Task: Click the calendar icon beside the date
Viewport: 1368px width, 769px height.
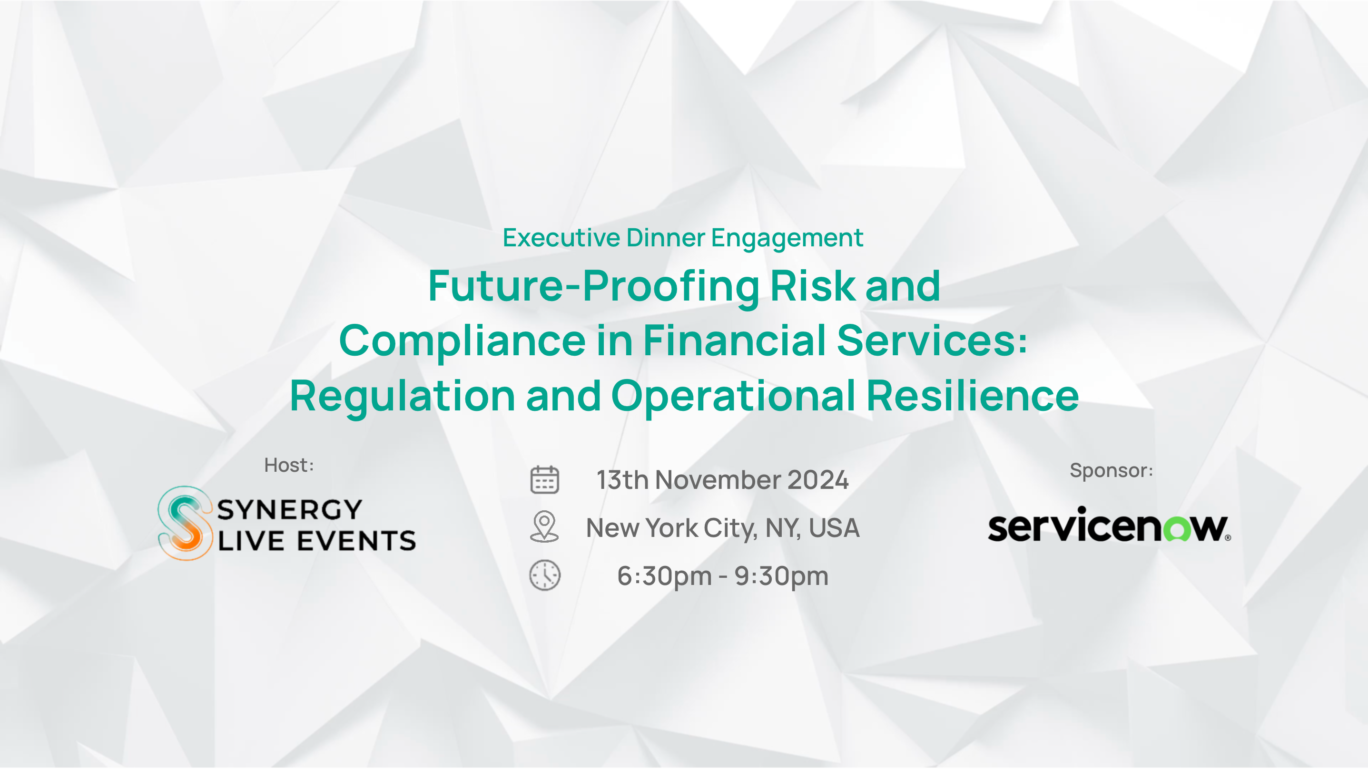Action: point(544,480)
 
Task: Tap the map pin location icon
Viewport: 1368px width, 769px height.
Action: point(544,526)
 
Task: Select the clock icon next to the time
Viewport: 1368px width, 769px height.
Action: point(545,575)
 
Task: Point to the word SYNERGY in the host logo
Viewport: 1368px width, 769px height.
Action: point(290,510)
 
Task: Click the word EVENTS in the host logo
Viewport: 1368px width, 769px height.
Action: point(356,541)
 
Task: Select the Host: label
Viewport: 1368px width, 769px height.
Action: point(289,465)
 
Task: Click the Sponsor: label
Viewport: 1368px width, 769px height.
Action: point(1111,470)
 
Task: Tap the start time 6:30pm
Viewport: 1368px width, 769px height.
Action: point(664,576)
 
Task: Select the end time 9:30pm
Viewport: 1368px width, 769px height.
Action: point(781,576)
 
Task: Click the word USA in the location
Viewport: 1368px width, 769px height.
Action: point(834,528)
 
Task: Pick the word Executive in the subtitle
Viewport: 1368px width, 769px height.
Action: point(561,238)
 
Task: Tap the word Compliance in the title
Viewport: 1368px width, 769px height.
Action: point(463,341)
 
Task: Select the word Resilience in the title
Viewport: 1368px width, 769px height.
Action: point(973,395)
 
